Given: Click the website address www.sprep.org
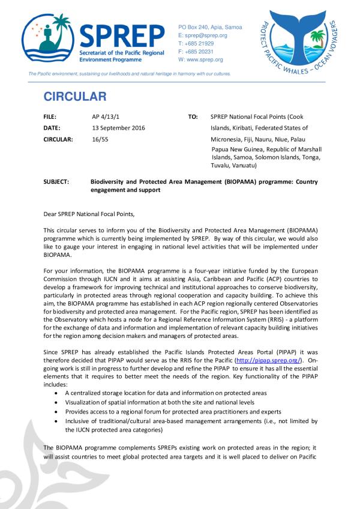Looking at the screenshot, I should [x=204, y=60].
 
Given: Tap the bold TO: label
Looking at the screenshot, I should [x=193, y=117].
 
